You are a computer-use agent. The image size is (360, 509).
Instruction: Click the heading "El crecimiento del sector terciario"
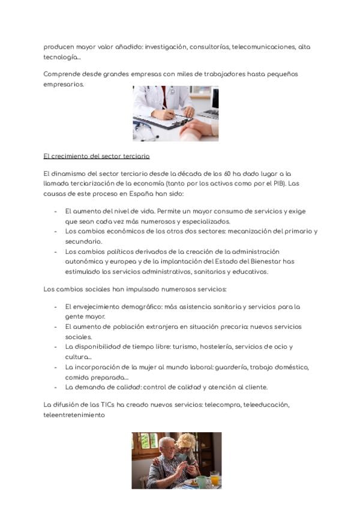click(96, 156)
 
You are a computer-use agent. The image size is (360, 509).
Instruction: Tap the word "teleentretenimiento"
click(74, 414)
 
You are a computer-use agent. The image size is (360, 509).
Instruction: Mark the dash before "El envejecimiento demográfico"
click(56, 307)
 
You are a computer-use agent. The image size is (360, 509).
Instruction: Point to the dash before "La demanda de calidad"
click(56, 387)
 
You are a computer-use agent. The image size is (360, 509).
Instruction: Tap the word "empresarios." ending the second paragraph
click(64, 85)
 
